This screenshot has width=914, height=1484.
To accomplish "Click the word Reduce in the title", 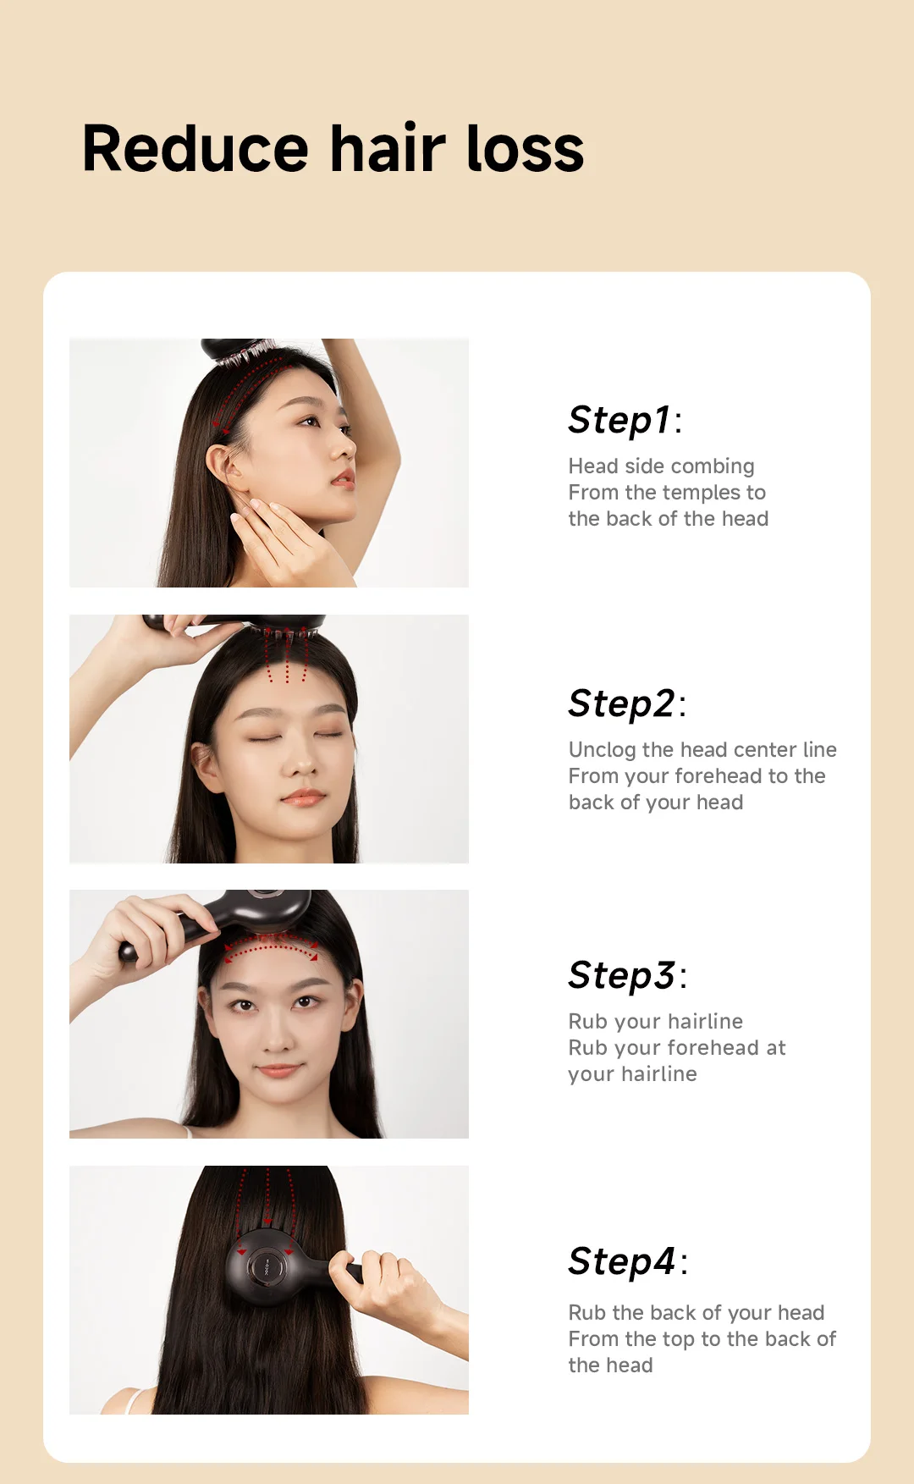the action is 195,149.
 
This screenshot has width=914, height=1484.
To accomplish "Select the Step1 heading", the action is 625,420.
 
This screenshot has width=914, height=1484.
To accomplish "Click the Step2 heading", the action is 627,703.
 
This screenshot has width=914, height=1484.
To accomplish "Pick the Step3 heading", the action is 627,975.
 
